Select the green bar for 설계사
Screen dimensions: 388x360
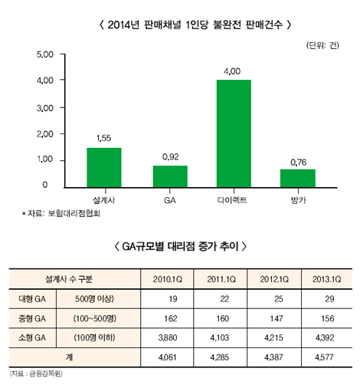tap(103, 167)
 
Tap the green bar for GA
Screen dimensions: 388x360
tap(169, 176)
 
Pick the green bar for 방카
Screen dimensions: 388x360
tap(297, 178)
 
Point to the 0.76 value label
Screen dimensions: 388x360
tap(297, 161)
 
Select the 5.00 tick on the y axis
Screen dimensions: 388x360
tap(46, 55)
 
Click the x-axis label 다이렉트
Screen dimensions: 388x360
tap(233, 199)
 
